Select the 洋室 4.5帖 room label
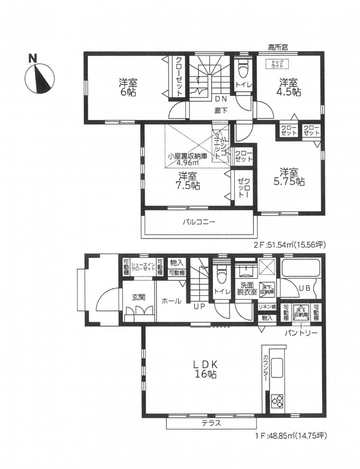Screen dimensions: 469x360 tap(289, 87)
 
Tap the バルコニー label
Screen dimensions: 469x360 tap(199, 222)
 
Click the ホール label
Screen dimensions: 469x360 tap(171, 300)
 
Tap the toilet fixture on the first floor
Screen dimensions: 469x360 tap(220, 275)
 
